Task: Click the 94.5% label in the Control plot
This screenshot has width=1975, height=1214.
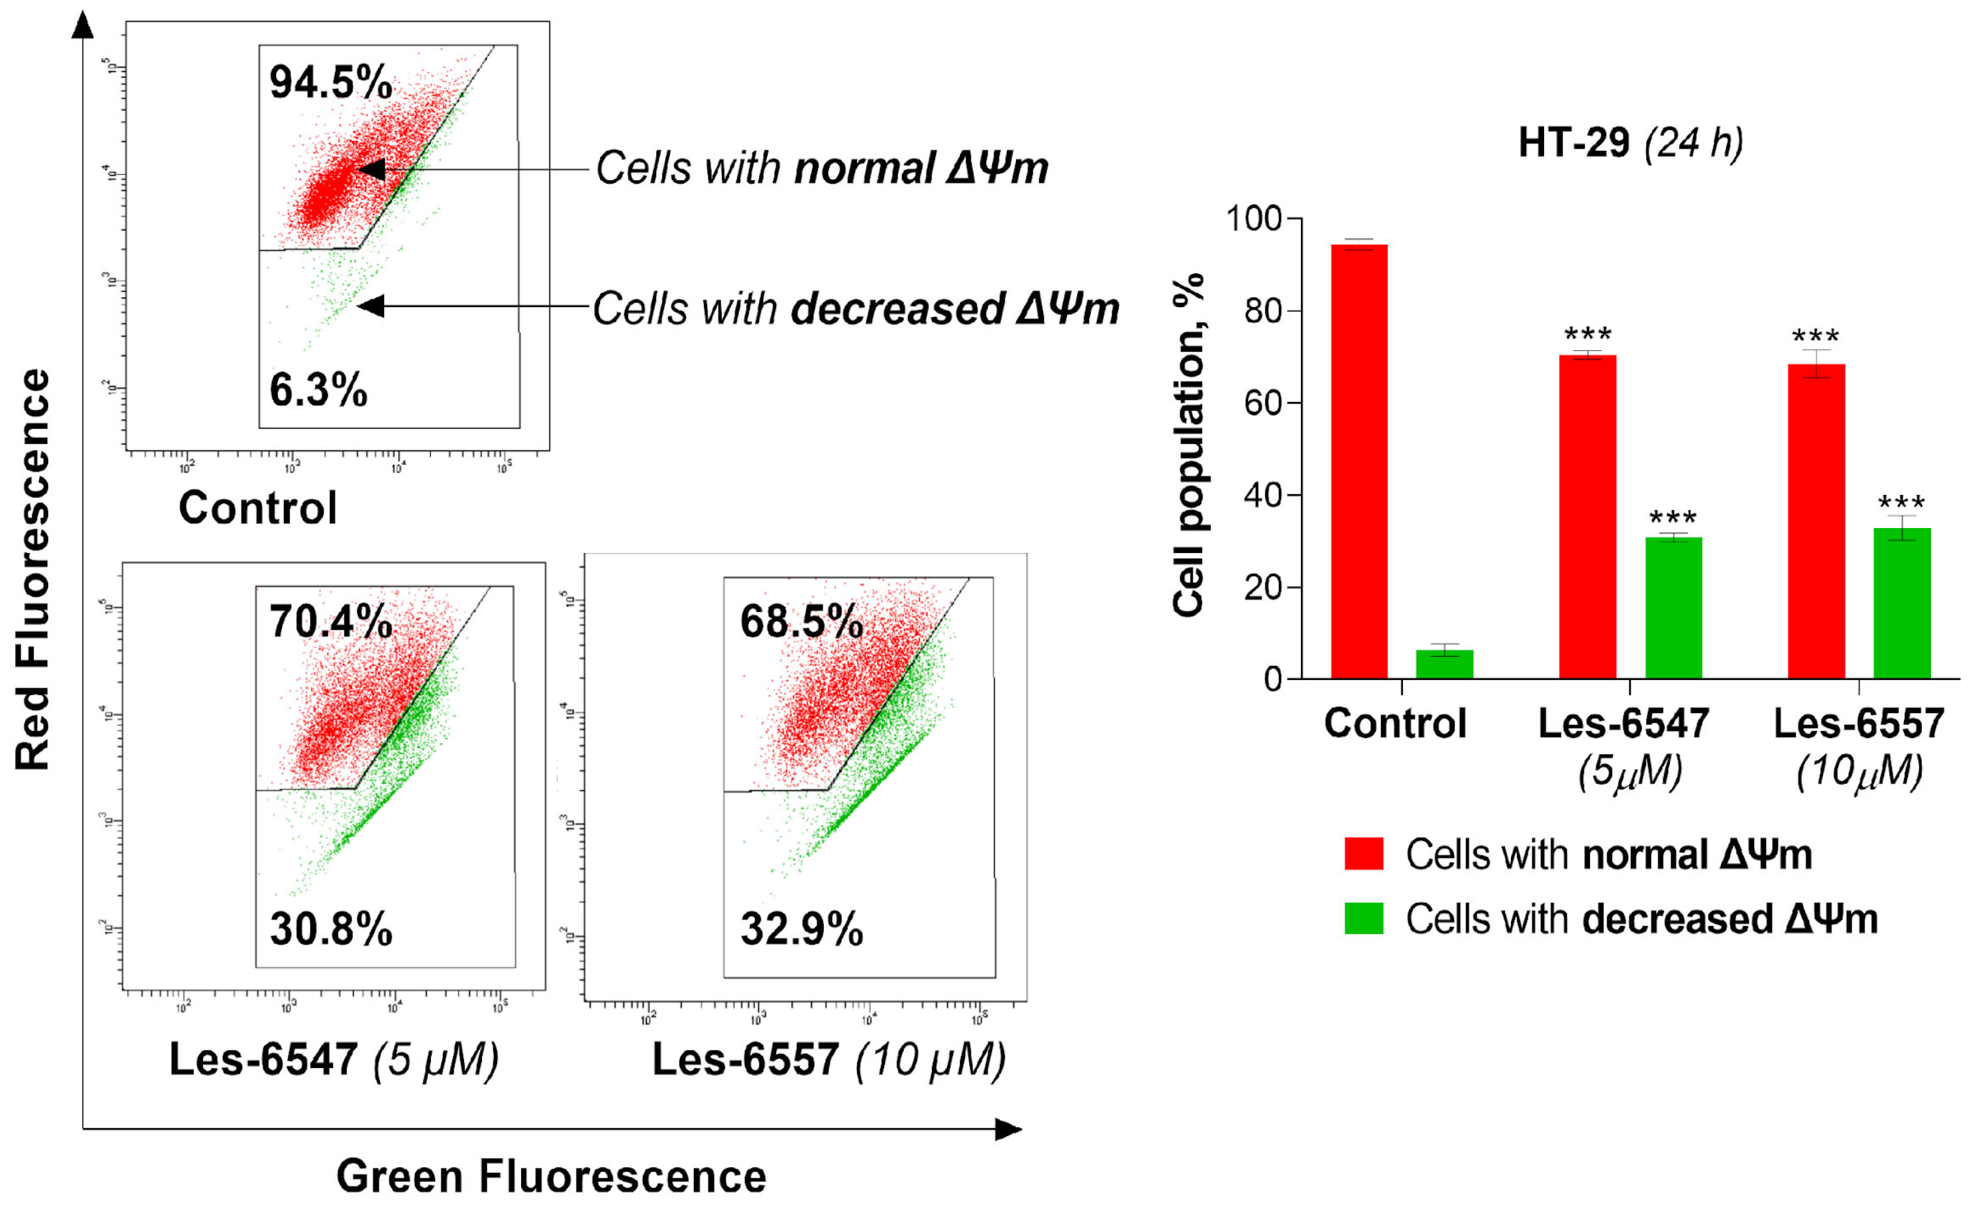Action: pos(330,82)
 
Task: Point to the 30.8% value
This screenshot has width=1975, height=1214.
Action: pos(330,929)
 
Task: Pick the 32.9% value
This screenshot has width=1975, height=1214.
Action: pos(801,929)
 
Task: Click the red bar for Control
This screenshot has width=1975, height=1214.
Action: pos(1358,462)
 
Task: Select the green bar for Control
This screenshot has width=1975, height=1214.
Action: pos(1444,664)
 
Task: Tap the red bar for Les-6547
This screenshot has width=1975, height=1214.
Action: pos(1587,517)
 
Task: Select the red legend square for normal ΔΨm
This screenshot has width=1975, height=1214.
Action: pos(1363,854)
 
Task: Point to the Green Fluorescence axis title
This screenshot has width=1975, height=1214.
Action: pos(551,1177)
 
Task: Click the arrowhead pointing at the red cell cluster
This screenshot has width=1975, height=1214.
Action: pos(372,169)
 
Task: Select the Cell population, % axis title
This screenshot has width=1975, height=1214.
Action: pos(1187,446)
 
